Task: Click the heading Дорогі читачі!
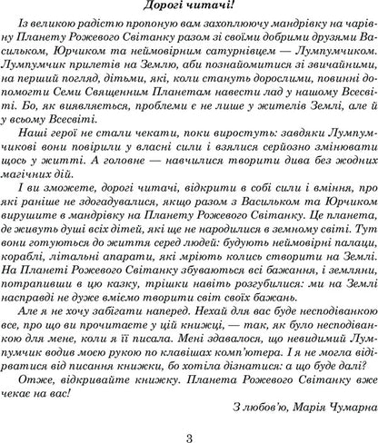[189, 9]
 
